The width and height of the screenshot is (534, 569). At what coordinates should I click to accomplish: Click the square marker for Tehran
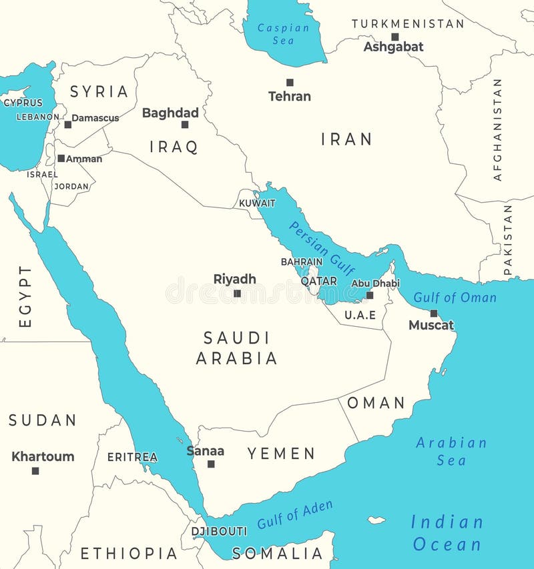(x=290, y=83)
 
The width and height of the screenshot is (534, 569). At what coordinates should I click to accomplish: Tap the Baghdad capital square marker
(x=185, y=124)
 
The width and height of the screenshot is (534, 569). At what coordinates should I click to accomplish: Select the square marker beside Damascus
(x=67, y=124)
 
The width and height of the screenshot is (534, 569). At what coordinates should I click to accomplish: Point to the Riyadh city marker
(x=237, y=293)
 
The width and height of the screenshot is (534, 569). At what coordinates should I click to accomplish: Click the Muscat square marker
(x=434, y=313)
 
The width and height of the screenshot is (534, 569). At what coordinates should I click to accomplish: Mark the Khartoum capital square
(x=35, y=470)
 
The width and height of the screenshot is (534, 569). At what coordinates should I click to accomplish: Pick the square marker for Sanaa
(x=211, y=464)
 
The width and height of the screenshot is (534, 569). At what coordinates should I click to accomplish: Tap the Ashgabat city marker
(x=395, y=37)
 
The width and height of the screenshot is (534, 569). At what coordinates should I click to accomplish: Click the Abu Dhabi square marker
(x=370, y=295)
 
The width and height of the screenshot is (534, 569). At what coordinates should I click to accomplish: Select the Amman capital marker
(x=61, y=159)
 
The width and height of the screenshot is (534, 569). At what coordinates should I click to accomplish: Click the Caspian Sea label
(x=284, y=34)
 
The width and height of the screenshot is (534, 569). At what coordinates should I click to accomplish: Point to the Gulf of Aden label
(x=295, y=514)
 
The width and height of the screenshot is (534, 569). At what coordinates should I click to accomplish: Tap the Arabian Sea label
(x=451, y=451)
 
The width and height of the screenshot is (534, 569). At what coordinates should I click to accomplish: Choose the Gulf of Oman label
(x=455, y=298)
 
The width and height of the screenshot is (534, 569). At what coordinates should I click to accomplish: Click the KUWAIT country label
(x=257, y=203)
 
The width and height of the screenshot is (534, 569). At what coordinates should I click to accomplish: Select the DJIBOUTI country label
(x=219, y=532)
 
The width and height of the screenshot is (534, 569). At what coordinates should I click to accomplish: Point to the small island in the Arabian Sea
(x=376, y=520)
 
